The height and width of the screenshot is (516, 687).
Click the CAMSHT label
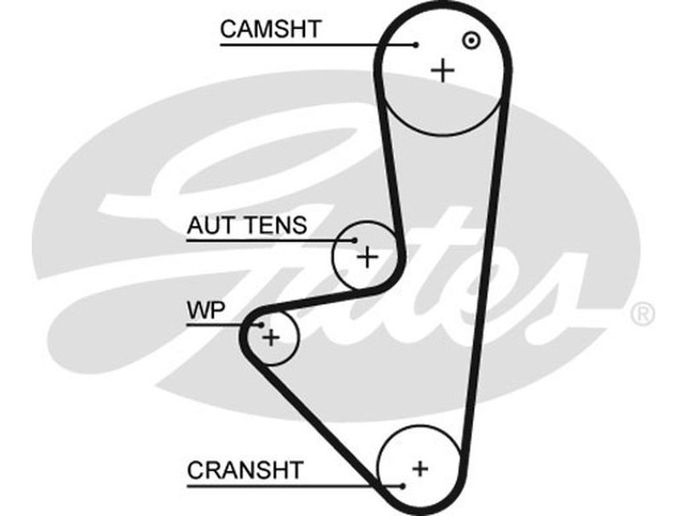[270, 28]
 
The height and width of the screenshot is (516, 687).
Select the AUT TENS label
[246, 226]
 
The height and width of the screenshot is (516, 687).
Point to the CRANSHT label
[246, 470]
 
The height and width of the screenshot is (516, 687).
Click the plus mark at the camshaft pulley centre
[443, 70]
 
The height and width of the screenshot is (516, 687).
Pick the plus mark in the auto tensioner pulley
[368, 255]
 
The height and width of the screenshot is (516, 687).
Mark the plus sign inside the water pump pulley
[271, 336]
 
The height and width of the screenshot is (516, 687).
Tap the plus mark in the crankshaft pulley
[419, 469]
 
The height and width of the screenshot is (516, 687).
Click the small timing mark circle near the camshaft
[470, 40]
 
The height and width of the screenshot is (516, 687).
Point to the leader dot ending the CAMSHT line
[416, 44]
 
